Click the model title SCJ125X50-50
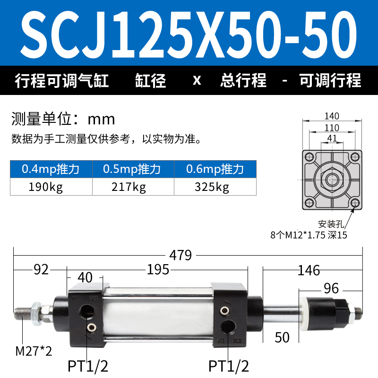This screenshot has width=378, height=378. [x=189, y=34]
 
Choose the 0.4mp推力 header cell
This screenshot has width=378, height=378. [x=51, y=169]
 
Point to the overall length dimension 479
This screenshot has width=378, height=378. [x=180, y=255]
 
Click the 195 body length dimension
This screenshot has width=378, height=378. [x=158, y=269]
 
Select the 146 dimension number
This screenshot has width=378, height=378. [x=309, y=270]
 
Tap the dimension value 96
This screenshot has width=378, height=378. [x=331, y=288]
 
